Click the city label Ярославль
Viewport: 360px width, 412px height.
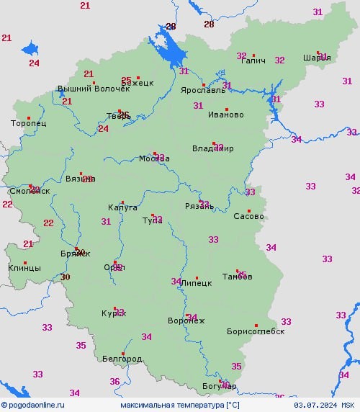(202, 91)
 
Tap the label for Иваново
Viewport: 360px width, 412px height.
(225, 115)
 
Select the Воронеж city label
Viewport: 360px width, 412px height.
(186, 321)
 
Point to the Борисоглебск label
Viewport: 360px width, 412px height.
(256, 332)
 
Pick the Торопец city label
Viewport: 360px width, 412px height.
(29, 124)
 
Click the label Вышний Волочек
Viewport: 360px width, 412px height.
(94, 89)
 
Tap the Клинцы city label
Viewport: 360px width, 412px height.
(24, 268)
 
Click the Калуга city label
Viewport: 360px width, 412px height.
(122, 207)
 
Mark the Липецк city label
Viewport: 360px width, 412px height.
(197, 284)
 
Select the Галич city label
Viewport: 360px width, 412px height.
(253, 61)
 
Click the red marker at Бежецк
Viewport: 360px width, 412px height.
(138, 78)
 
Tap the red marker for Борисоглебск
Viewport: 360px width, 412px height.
(256, 325)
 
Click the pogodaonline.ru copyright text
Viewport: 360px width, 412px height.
(33, 406)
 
